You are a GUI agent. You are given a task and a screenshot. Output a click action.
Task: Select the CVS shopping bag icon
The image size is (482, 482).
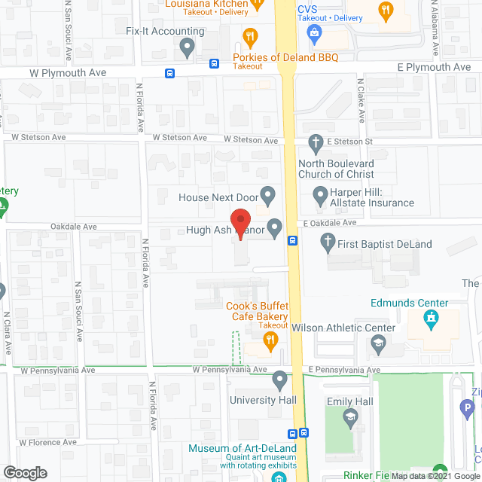[315, 32]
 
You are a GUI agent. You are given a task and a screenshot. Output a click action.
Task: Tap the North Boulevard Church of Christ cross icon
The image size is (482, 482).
[316, 141]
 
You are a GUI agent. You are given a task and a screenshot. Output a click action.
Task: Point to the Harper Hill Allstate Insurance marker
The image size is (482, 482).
[319, 194]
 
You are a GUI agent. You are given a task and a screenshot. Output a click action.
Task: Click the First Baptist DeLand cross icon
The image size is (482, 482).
[327, 243]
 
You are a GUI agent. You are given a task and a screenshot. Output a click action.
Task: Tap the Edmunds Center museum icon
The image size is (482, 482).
[430, 322]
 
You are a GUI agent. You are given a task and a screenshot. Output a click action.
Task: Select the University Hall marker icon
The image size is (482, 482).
[280, 379]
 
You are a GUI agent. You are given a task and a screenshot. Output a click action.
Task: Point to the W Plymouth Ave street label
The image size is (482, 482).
[69, 72]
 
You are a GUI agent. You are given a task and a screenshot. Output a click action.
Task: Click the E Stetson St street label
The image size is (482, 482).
[349, 141]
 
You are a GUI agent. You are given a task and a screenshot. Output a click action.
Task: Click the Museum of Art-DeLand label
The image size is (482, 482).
[243, 449]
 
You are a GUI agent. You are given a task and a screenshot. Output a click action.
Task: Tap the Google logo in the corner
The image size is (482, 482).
[25, 472]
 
